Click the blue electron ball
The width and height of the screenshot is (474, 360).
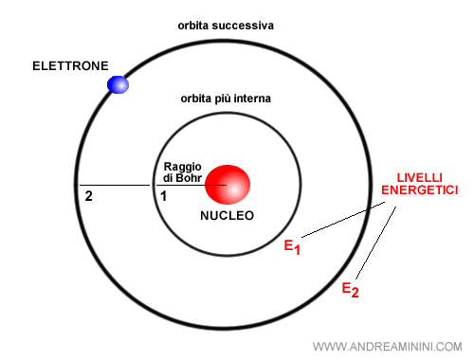(118, 84)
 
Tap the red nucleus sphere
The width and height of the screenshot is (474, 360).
(228, 184)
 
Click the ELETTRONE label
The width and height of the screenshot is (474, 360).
(70, 66)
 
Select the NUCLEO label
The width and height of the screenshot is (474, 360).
(227, 215)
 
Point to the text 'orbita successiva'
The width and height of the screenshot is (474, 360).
(226, 25)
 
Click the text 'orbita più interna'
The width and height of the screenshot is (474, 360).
(226, 99)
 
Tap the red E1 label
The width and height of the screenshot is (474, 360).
(292, 246)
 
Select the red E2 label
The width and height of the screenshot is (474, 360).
(350, 289)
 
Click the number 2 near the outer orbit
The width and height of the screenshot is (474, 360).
(88, 197)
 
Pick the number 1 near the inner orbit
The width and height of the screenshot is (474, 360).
(162, 197)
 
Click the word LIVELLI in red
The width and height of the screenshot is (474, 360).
(419, 177)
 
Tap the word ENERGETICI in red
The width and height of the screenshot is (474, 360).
(419, 190)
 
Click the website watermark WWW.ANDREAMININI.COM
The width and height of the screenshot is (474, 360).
(386, 346)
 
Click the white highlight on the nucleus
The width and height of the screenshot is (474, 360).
(232, 189)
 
